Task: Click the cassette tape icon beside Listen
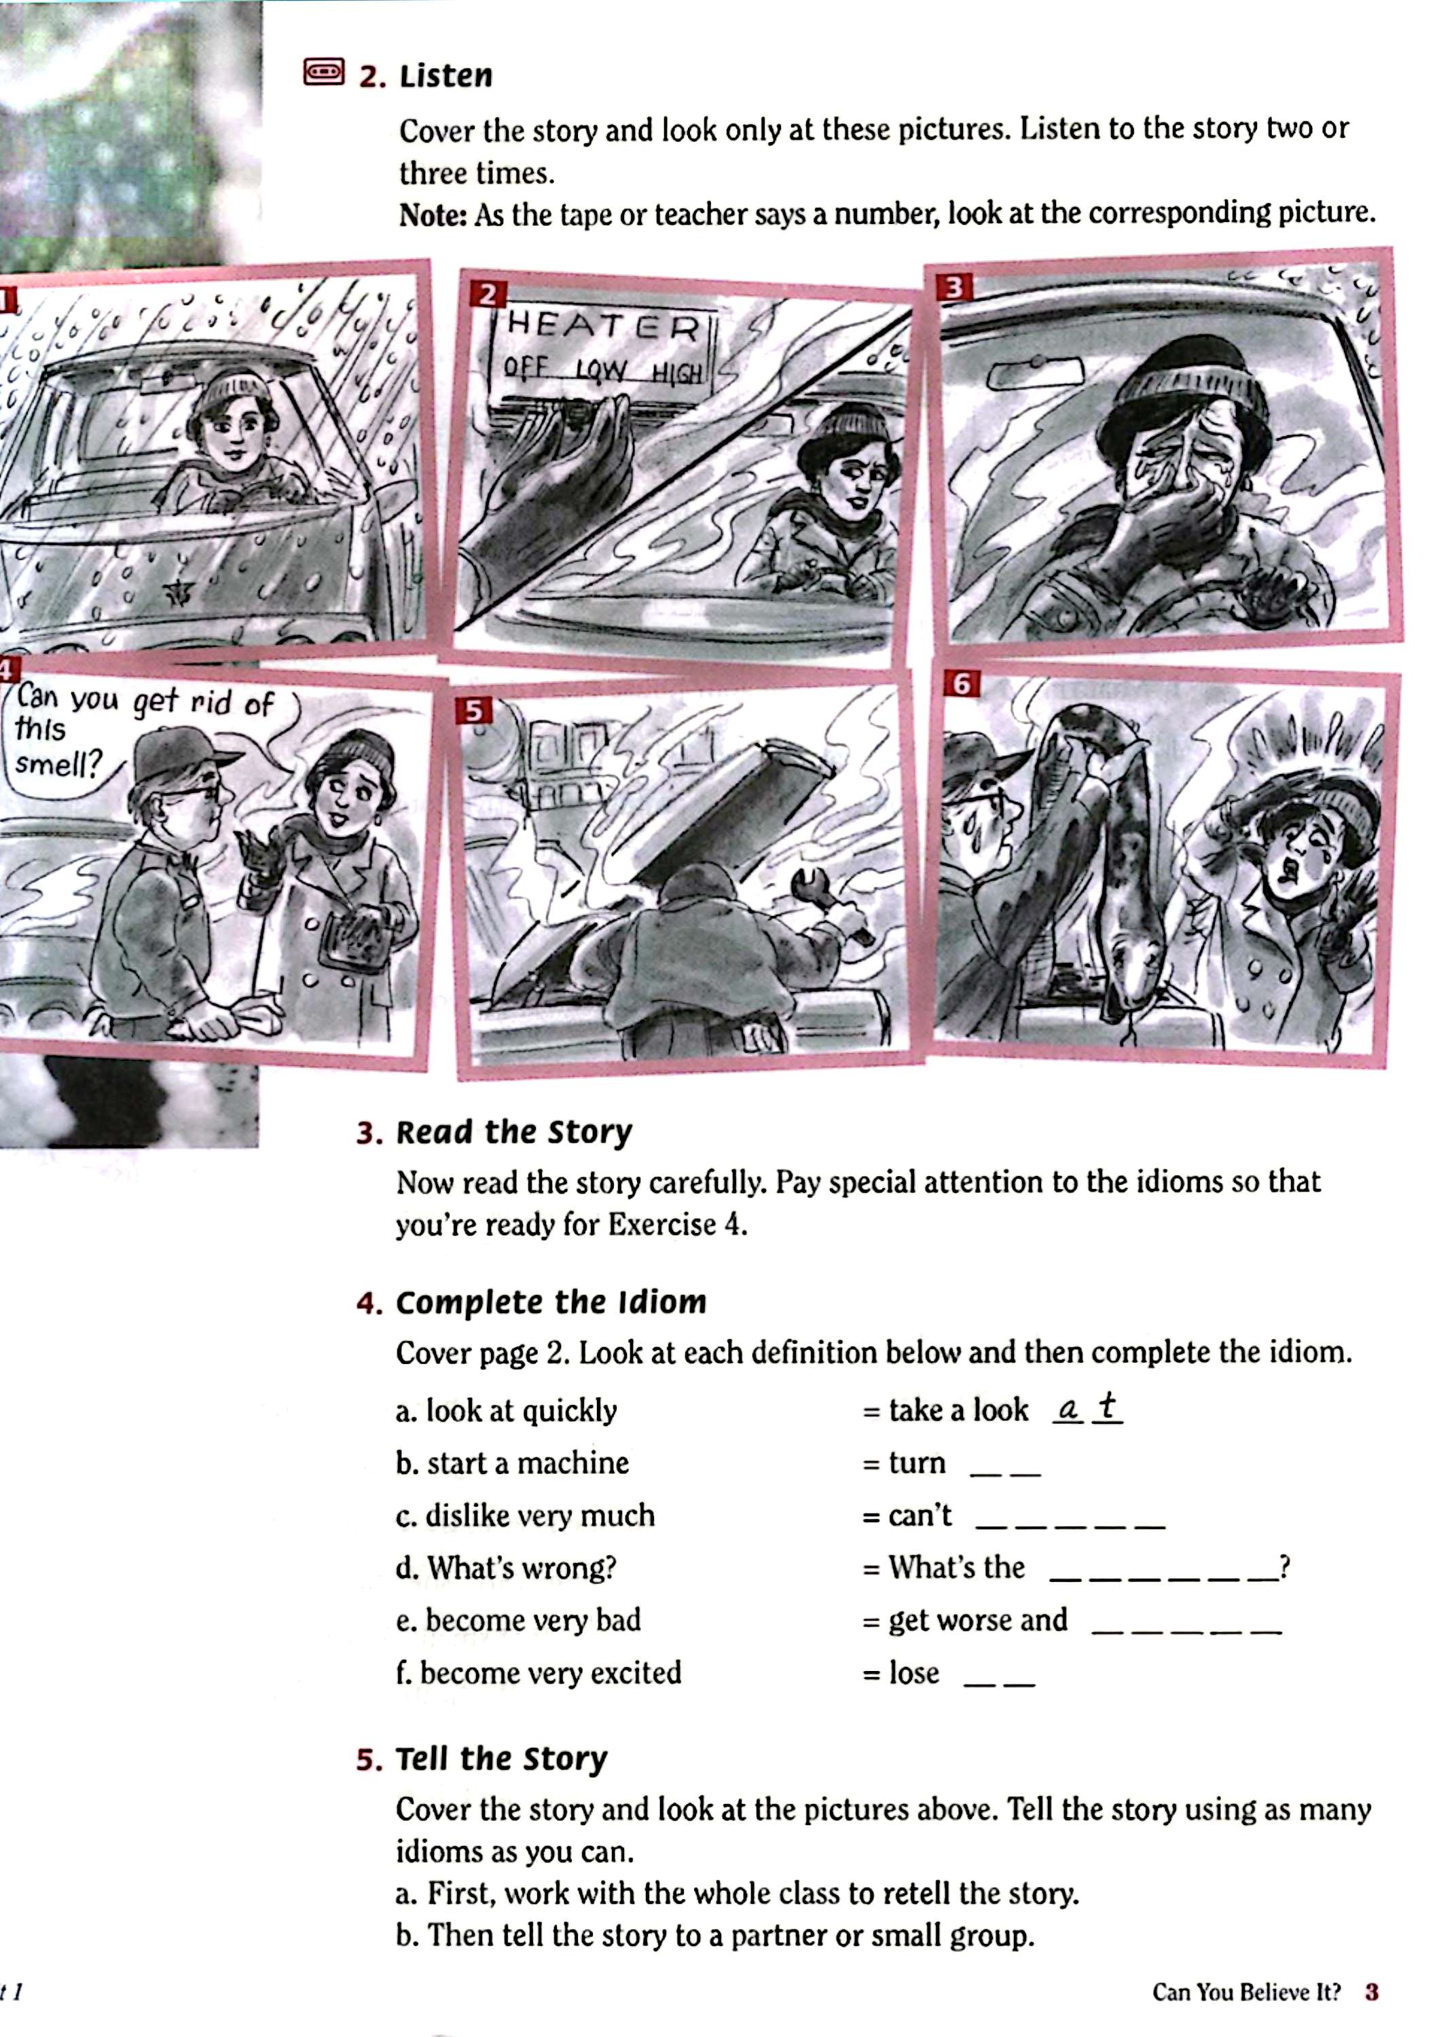click(323, 73)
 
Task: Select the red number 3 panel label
click(954, 287)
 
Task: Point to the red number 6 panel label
click(961, 684)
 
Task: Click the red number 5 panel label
click(474, 711)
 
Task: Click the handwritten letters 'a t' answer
click(1087, 1408)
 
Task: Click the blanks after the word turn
click(1005, 1473)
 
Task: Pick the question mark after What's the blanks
click(1284, 1568)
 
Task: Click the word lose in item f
click(914, 1672)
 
